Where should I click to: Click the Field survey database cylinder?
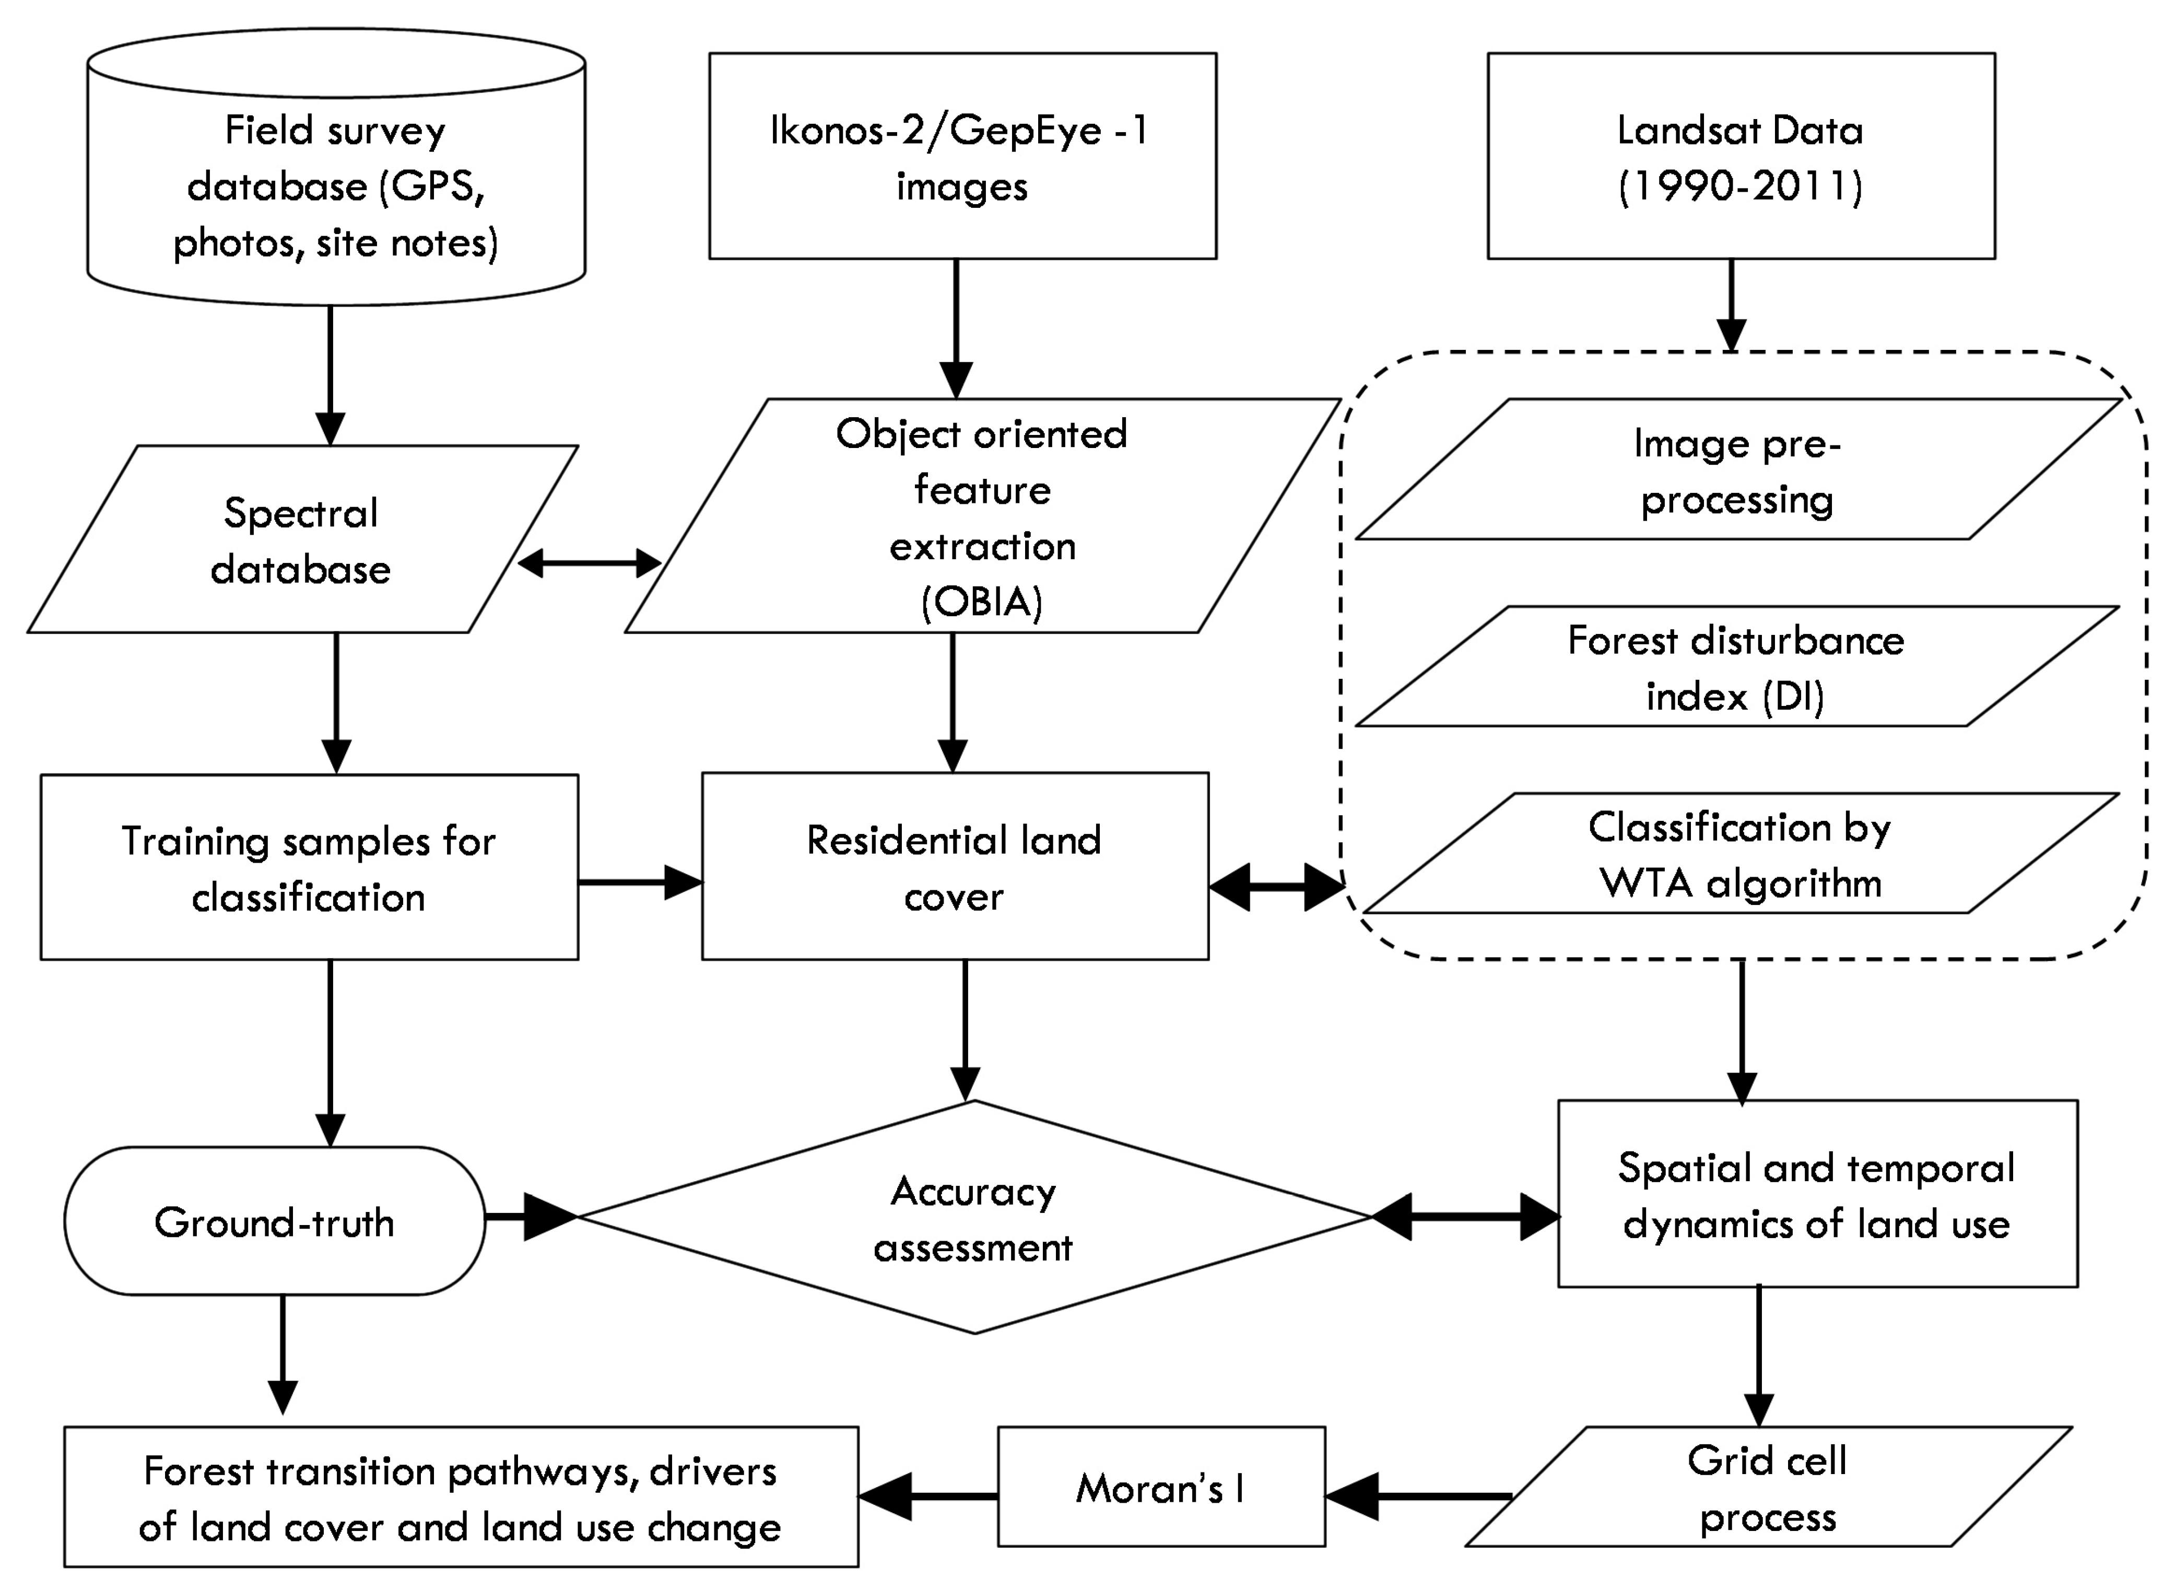tap(336, 183)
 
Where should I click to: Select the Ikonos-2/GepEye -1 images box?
tap(962, 156)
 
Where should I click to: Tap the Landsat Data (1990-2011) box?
tap(1740, 156)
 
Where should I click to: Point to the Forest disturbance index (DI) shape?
tap(1736, 667)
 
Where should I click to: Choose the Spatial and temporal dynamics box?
tap(1817, 1194)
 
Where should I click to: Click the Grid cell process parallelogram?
tap(1767, 1487)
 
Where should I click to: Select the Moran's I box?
tap(1161, 1487)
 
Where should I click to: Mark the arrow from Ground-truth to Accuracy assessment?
tap(530, 1218)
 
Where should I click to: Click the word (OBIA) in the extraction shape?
tap(982, 603)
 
